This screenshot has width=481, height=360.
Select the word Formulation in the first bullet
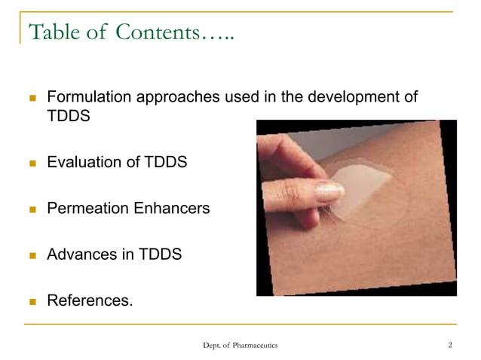89,98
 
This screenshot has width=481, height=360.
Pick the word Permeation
85,209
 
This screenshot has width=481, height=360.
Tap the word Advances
78,255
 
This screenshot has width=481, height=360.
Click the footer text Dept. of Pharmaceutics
240,345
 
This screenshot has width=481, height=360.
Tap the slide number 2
449,345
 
